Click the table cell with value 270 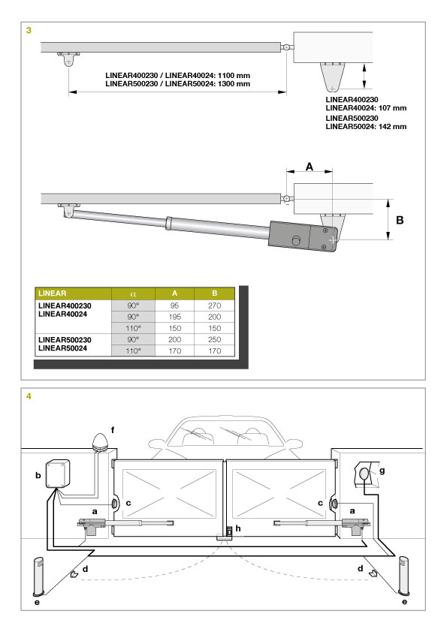point(214,305)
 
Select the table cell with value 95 point(174,305)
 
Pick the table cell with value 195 point(174,317)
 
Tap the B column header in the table point(214,293)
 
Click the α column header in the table point(133,293)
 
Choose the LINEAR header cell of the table point(73,293)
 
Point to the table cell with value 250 point(214,339)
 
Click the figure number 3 point(29,30)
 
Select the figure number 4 point(29,396)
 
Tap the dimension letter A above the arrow point(310,167)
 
